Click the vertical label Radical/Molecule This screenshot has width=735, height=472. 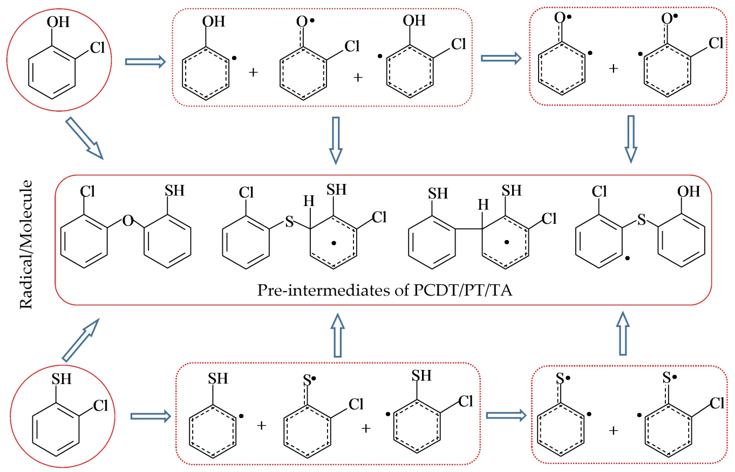(26, 245)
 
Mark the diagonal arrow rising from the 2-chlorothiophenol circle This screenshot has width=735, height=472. (81, 340)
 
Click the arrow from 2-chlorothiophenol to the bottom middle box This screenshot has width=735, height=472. (151, 416)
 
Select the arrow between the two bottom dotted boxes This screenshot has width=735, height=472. (506, 415)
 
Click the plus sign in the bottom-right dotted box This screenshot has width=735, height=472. (614, 430)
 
